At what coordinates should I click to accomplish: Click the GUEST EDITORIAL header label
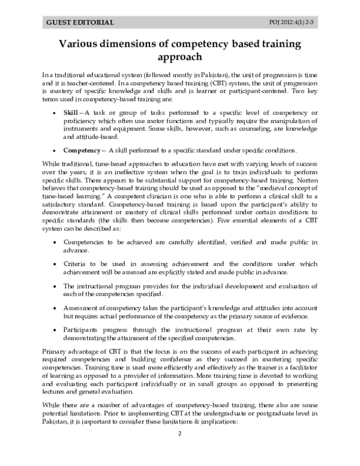click(80, 22)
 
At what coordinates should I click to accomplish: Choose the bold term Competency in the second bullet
click(82, 150)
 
